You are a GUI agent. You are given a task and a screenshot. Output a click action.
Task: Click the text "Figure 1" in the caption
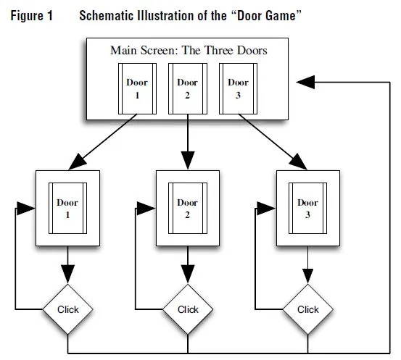pos(32,16)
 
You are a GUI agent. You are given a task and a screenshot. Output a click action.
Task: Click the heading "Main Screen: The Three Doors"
pos(189,50)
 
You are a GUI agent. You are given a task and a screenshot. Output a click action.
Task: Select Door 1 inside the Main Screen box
pos(137,88)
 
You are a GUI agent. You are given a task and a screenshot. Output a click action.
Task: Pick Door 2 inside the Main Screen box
pos(188,88)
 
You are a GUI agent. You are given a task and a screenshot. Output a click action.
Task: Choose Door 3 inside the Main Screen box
pos(238,88)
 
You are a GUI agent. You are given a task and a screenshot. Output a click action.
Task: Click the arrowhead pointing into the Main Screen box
pos(305,83)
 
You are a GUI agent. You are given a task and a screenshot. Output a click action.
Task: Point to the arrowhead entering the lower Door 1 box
pos(78,162)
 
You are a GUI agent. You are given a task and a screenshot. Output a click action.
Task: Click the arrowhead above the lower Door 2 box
pos(188,161)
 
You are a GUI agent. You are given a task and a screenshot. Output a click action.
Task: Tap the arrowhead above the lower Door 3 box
pos(298,162)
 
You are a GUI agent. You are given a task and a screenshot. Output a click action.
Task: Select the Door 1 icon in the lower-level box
pos(67,208)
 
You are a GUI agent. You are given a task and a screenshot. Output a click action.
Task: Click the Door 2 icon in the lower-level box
pos(188,208)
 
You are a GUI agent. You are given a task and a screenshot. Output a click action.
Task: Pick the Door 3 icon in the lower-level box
pos(307,208)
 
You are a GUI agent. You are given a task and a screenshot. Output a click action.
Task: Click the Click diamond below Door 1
pos(67,309)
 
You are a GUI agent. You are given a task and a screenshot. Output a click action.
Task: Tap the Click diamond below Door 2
pos(188,309)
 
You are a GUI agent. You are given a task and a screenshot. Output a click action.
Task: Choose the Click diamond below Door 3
pos(307,309)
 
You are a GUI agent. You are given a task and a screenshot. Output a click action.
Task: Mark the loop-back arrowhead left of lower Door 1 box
pos(26,208)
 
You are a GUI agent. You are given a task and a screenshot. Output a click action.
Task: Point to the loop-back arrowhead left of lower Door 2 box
pos(146,208)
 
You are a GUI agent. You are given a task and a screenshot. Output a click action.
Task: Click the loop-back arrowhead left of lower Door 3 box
pos(266,208)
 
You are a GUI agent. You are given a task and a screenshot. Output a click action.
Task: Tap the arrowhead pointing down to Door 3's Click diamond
pos(307,276)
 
